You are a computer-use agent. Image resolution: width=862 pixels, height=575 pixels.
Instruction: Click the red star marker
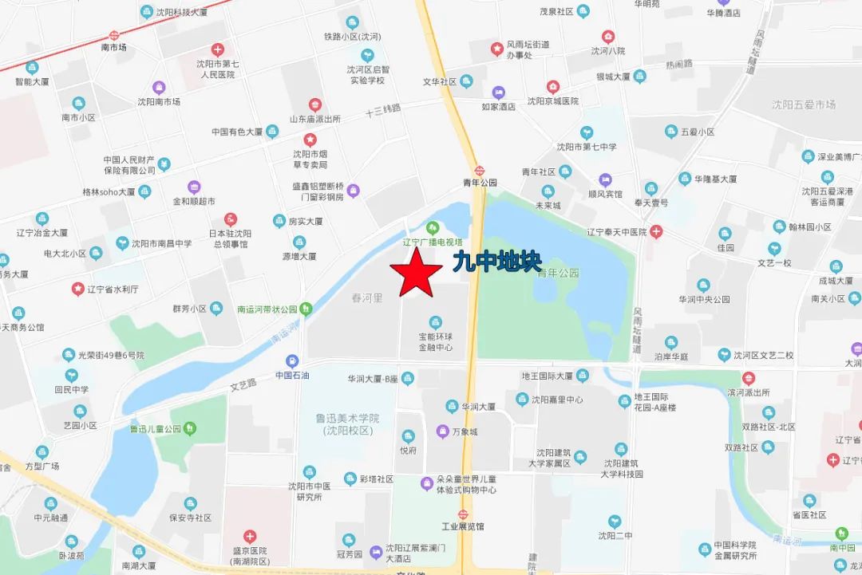[414, 272]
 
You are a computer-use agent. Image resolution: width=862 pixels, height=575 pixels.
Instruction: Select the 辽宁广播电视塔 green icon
[433, 227]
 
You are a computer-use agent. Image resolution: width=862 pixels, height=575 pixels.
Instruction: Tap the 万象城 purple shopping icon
[442, 431]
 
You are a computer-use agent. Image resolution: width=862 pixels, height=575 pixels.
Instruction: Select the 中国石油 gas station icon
[292, 360]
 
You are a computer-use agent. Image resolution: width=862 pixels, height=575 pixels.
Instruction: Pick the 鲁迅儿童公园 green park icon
[189, 428]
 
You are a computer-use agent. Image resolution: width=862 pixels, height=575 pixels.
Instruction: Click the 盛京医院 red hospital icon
[250, 536]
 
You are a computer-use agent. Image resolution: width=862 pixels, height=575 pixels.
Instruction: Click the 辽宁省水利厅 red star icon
[78, 288]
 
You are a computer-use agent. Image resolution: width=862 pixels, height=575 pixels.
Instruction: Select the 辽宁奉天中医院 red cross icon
[655, 232]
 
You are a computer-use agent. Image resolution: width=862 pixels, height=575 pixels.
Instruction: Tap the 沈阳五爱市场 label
[804, 104]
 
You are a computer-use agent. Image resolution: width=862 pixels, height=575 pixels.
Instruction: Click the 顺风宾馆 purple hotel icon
[605, 180]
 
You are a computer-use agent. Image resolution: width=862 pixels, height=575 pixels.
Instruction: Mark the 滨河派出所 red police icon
[748, 378]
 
